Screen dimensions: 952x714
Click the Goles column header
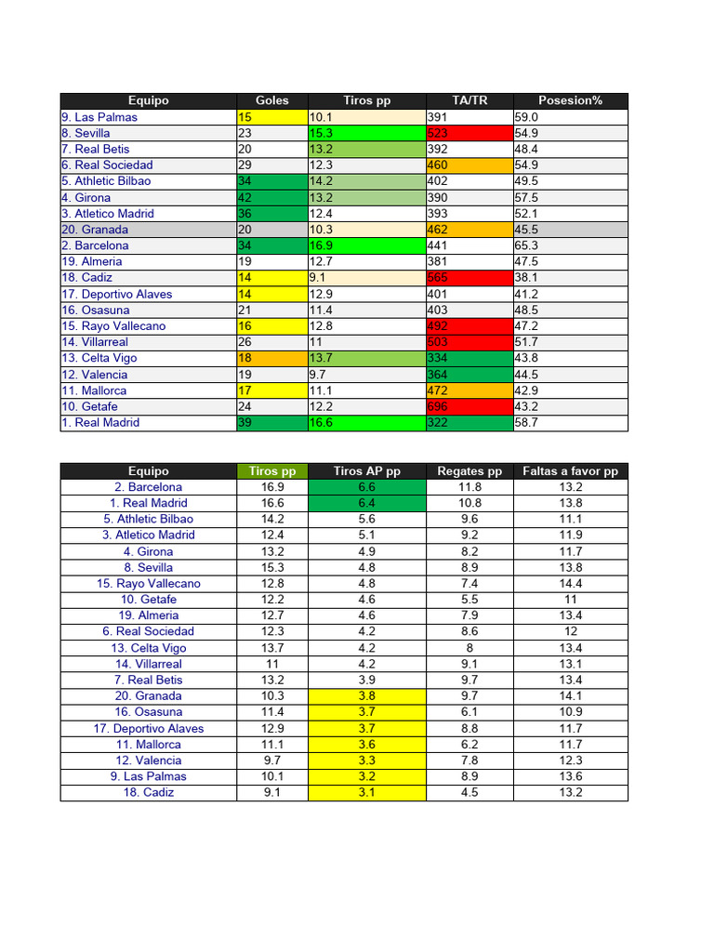click(x=272, y=100)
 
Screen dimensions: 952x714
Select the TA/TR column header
click(x=469, y=100)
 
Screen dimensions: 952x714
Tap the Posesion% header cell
click(x=570, y=100)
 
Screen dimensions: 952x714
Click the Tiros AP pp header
click(x=366, y=471)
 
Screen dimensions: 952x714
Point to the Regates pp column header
click(x=469, y=471)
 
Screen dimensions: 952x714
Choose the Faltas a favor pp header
click(x=570, y=471)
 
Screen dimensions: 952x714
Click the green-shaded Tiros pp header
click(x=272, y=471)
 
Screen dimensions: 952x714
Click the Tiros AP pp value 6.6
click(x=366, y=487)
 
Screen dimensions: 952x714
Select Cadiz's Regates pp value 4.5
click(x=469, y=793)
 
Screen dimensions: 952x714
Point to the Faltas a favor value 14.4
click(x=570, y=584)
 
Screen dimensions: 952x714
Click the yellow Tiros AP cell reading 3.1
click(x=366, y=793)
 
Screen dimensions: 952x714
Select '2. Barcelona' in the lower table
click(x=149, y=487)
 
